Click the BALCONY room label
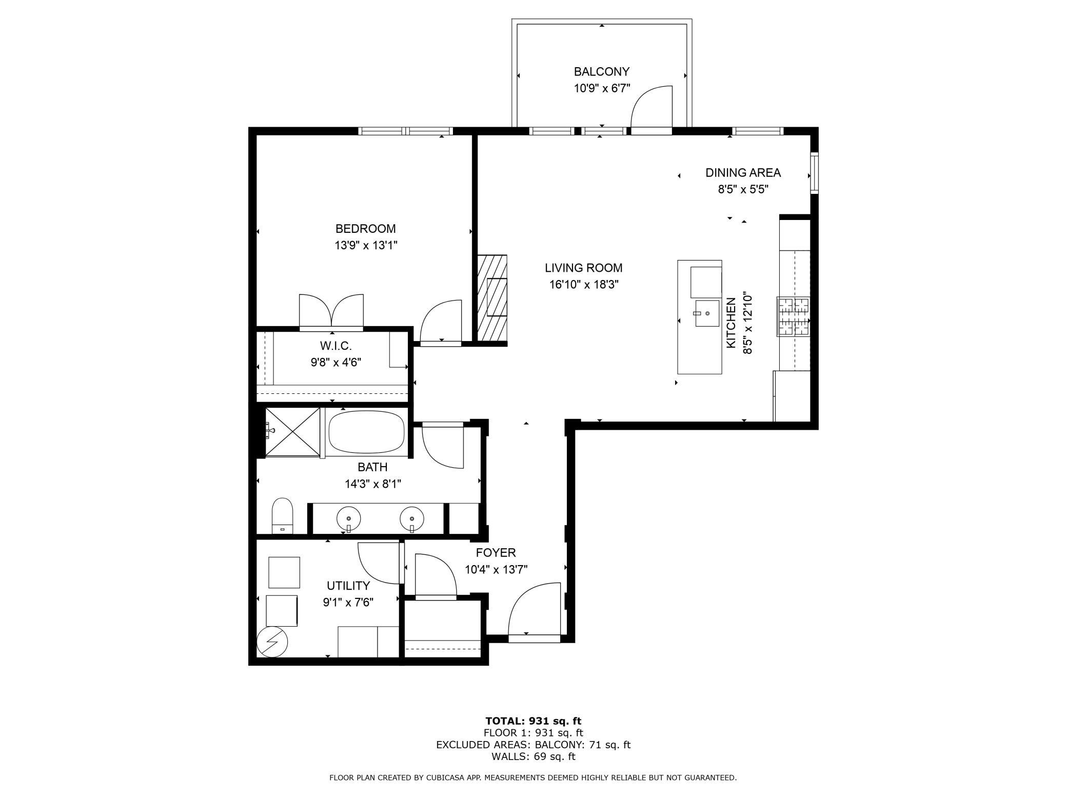[x=601, y=72]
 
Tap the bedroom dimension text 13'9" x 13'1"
[x=366, y=246]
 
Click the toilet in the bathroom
[x=282, y=515]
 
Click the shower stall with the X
[x=292, y=431]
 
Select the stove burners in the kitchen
[x=793, y=316]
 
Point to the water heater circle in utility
[x=272, y=642]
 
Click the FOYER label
[x=496, y=553]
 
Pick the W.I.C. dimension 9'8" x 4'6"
[x=335, y=363]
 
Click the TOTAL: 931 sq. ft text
[x=533, y=721]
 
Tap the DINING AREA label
[x=743, y=173]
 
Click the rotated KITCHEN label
[x=731, y=324]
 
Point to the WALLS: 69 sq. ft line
[x=533, y=756]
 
